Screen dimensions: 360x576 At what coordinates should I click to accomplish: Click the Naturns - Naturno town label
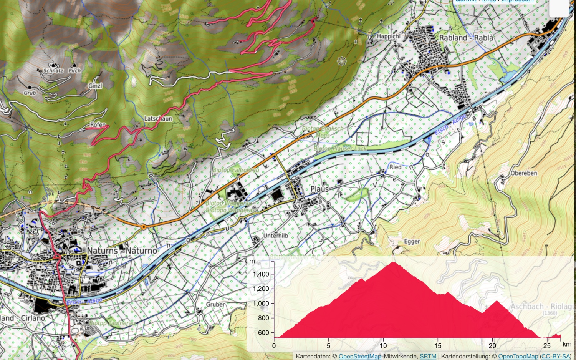pos(122,251)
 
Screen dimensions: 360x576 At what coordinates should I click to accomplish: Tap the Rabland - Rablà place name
pos(466,38)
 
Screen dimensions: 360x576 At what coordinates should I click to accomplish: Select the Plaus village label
pos(319,189)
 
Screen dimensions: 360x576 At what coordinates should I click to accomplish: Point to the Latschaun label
pos(158,119)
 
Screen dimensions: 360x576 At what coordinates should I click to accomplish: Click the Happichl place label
pos(388,36)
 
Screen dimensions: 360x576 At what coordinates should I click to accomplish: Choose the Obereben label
pos(524,173)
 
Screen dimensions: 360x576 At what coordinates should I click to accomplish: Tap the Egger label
pos(412,241)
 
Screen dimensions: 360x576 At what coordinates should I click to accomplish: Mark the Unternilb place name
pos(275,236)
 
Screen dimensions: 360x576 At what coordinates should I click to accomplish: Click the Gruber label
pos(215,304)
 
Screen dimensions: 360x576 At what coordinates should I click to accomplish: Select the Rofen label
pos(98,125)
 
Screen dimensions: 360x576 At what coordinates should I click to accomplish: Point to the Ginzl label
pos(95,86)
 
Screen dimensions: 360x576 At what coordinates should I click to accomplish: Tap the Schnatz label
pos(53,71)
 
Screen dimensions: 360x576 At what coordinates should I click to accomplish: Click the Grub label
pos(30,93)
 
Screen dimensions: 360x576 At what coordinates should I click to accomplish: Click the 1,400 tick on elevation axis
pos(261,274)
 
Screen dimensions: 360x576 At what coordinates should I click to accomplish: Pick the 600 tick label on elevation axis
pos(263,333)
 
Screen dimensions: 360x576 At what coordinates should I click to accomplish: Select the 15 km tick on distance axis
pos(438,345)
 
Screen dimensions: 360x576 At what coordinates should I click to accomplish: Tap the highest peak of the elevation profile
pos(394,262)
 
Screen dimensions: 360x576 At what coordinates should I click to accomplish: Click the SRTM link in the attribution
pos(428,357)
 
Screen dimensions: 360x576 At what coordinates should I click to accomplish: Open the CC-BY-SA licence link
pos(555,357)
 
